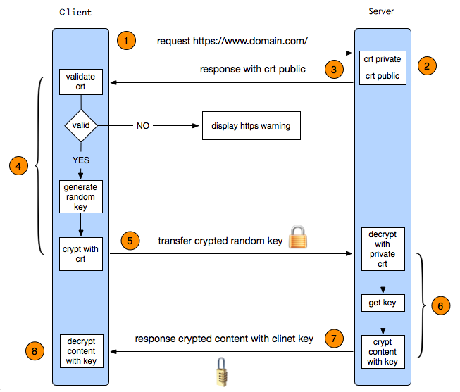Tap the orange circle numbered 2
click(x=427, y=67)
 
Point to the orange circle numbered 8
click(x=32, y=349)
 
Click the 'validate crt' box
click(x=81, y=82)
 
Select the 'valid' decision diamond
click(x=81, y=126)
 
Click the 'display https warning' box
click(x=251, y=127)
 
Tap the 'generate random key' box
click(x=81, y=197)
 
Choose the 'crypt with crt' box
click(x=81, y=254)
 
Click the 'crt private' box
click(x=383, y=59)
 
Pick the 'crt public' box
click(x=383, y=76)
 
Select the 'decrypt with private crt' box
click(x=383, y=249)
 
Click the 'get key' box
click(x=383, y=303)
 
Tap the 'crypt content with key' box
click(x=383, y=352)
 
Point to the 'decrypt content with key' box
click(x=81, y=350)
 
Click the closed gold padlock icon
click(x=299, y=237)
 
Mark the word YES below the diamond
click(x=81, y=160)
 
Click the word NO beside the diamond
click(x=143, y=127)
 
